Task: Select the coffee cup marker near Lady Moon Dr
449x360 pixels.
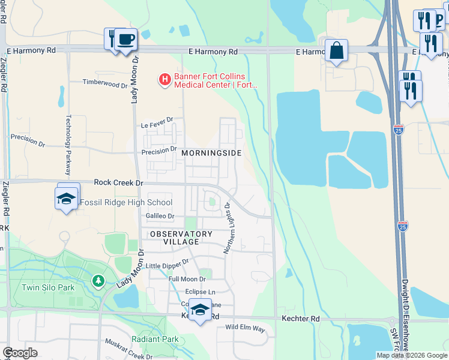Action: (x=126, y=40)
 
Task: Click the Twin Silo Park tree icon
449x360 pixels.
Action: (x=98, y=280)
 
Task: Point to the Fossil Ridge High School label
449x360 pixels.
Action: (x=126, y=203)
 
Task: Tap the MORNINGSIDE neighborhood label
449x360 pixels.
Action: (x=211, y=153)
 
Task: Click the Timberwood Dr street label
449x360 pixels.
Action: (x=101, y=83)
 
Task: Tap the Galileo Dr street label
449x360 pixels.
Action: (x=159, y=216)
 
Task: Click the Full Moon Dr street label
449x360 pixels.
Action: (x=187, y=279)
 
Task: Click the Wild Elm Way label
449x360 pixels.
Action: (x=245, y=328)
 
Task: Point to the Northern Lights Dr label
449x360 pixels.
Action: (x=228, y=228)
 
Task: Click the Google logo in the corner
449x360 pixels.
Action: (x=20, y=353)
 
